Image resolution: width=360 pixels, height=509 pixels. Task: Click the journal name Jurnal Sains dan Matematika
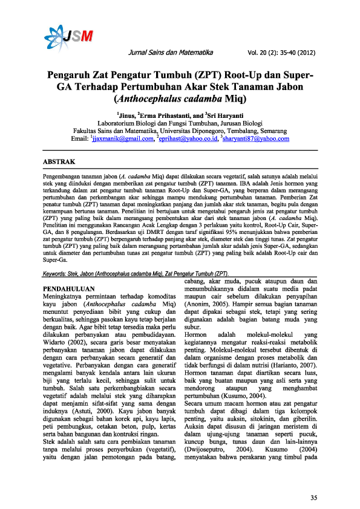(175, 53)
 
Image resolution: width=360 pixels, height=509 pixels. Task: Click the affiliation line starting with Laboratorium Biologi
(180, 123)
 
